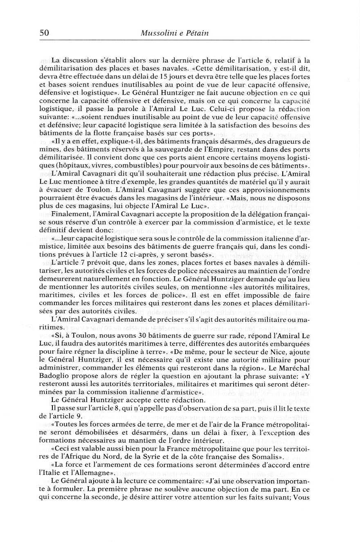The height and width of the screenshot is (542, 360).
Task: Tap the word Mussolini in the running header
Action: (x=157, y=33)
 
